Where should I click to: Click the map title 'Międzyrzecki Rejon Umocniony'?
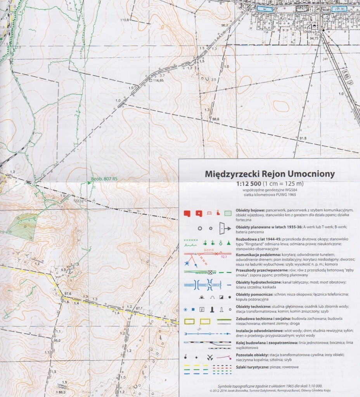(x=269, y=174)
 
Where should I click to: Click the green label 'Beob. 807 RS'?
(x=104, y=180)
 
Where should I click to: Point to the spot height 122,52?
(x=79, y=200)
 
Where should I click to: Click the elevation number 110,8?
(x=125, y=20)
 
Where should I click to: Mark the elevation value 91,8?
(x=303, y=138)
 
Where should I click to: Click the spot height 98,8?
(x=216, y=119)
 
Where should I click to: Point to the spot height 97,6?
(x=68, y=293)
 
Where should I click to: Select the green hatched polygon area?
(x=22, y=225)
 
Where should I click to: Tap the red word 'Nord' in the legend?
(x=209, y=250)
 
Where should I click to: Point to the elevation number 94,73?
(x=314, y=38)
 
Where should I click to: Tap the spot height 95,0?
(x=57, y=340)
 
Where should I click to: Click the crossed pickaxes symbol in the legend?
(x=210, y=357)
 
